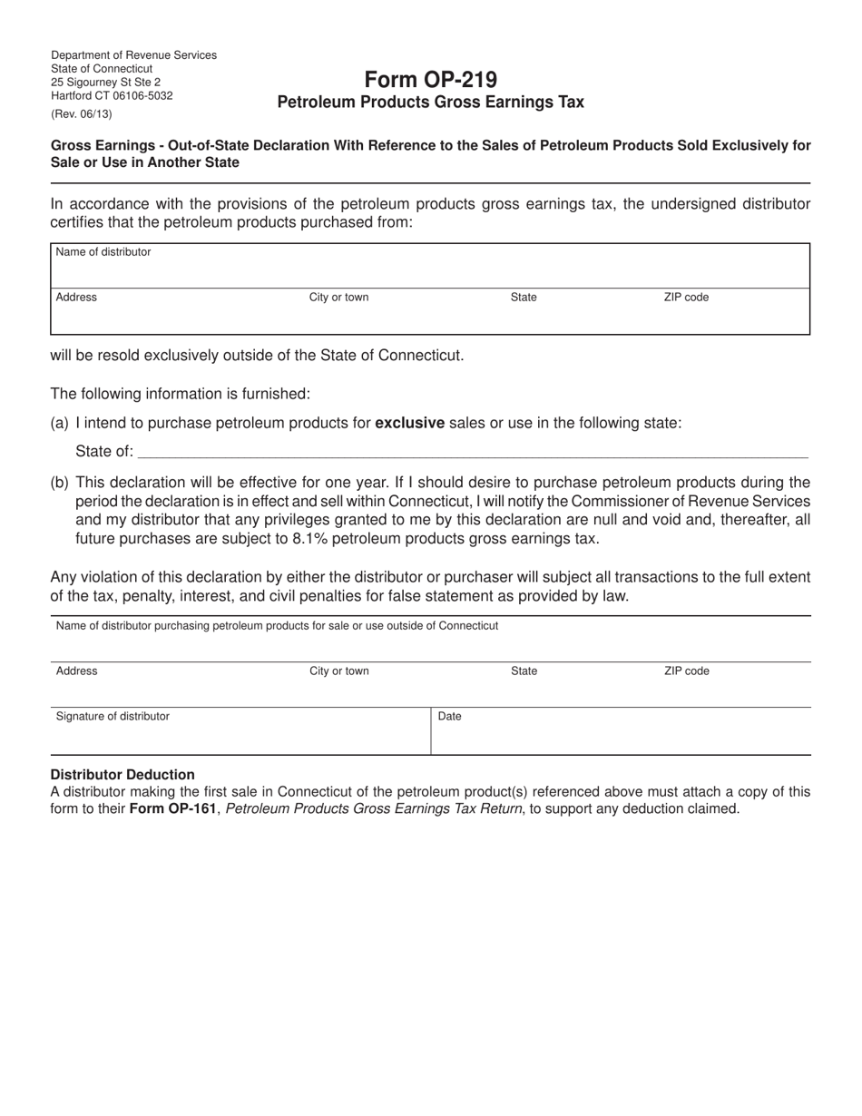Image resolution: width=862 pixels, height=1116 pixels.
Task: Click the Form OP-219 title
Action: click(x=430, y=80)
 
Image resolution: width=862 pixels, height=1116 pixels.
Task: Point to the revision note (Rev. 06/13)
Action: click(x=82, y=114)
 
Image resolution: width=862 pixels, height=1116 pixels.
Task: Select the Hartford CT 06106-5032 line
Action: click(x=112, y=95)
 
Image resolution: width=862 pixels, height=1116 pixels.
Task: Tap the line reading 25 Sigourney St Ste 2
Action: click(x=105, y=82)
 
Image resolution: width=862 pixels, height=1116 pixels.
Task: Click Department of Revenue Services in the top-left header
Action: click(x=133, y=55)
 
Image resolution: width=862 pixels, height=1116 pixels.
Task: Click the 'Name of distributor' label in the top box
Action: click(x=103, y=252)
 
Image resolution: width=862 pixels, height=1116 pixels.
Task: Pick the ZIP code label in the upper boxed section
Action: click(x=686, y=298)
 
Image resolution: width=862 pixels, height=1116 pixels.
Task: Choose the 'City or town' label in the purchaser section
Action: click(x=339, y=671)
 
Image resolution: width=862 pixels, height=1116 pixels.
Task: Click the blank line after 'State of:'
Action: click(x=472, y=452)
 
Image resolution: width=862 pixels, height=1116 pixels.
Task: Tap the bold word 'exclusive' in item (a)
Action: click(x=409, y=423)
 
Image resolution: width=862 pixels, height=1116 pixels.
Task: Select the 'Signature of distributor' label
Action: click(x=113, y=717)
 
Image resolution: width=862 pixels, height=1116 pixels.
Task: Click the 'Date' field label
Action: click(x=450, y=717)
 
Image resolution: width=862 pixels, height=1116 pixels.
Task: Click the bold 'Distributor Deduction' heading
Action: click(x=122, y=775)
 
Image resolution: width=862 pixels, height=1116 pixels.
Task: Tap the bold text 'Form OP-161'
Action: click(x=173, y=808)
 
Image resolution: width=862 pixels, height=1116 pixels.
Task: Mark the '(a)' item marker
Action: click(x=60, y=423)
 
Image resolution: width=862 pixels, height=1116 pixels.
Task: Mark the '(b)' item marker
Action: click(x=60, y=483)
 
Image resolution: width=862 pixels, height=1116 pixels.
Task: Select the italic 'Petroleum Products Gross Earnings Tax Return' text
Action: click(x=373, y=808)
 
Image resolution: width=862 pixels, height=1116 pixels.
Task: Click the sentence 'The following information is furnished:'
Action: click(x=180, y=394)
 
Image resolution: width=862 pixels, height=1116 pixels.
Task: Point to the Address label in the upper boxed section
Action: click(x=76, y=298)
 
